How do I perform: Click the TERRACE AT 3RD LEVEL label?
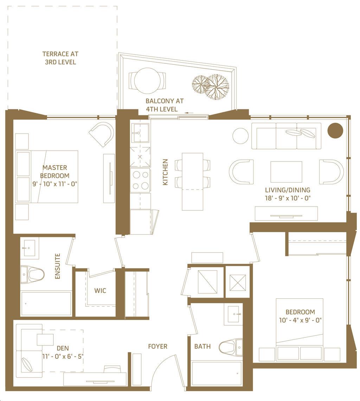(x=60, y=58)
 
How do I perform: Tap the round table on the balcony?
(x=148, y=81)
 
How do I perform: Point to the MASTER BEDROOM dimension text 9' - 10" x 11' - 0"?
(x=55, y=184)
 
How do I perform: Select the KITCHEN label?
(x=166, y=172)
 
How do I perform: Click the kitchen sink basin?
(x=140, y=133)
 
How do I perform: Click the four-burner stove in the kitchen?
(x=140, y=180)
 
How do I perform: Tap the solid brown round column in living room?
(x=335, y=131)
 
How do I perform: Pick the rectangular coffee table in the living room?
(x=287, y=172)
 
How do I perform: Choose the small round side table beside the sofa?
(x=240, y=136)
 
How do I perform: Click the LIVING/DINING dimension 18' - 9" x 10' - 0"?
(x=288, y=198)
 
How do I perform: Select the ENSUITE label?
(x=58, y=266)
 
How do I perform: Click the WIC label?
(x=100, y=291)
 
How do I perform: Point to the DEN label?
(x=63, y=348)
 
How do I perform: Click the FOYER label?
(x=158, y=346)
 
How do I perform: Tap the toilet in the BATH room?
(x=231, y=347)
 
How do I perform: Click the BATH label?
(x=202, y=346)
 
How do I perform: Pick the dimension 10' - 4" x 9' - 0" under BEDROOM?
(x=300, y=320)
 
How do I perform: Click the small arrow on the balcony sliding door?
(x=189, y=113)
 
